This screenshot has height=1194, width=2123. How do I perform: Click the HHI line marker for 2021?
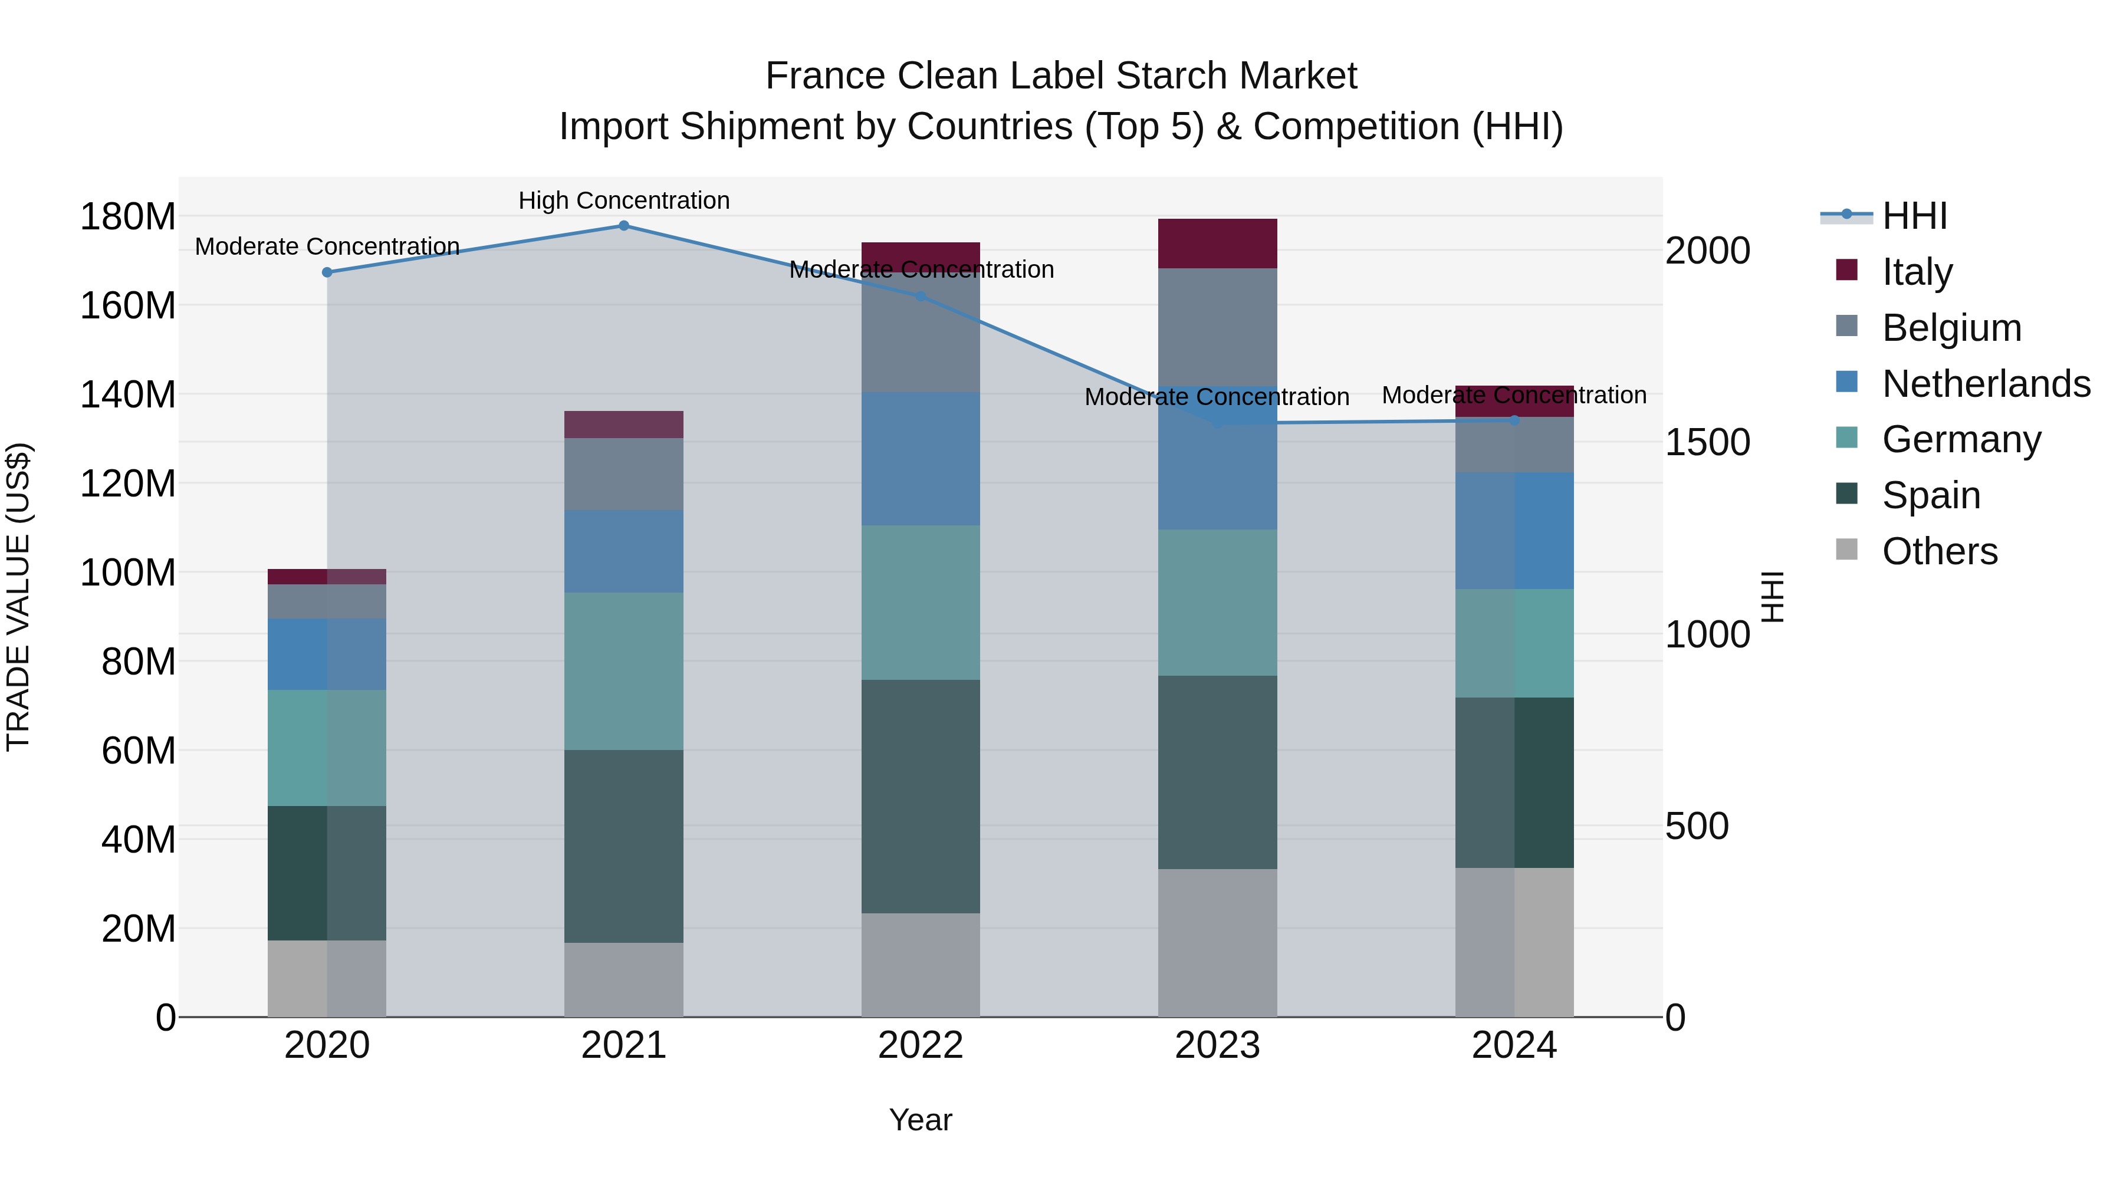tap(624, 226)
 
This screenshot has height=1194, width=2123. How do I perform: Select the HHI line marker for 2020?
tap(327, 272)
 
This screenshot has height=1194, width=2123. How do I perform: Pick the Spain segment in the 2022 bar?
tap(921, 796)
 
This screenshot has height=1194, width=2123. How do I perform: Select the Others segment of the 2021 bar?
tap(624, 980)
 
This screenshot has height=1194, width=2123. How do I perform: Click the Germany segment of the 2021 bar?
tap(624, 671)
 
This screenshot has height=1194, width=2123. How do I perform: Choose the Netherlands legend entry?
tap(1986, 384)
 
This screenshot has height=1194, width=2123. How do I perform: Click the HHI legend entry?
tap(1914, 216)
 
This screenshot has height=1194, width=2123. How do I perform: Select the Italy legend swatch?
tap(1847, 270)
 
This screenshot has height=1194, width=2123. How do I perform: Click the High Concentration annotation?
tap(624, 200)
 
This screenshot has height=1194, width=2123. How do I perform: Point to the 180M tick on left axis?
tap(128, 218)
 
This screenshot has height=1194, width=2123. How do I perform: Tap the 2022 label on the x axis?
tap(921, 1045)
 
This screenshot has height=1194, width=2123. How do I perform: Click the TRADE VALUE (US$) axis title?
tap(18, 597)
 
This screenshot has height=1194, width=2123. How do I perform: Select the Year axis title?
tap(921, 1120)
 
